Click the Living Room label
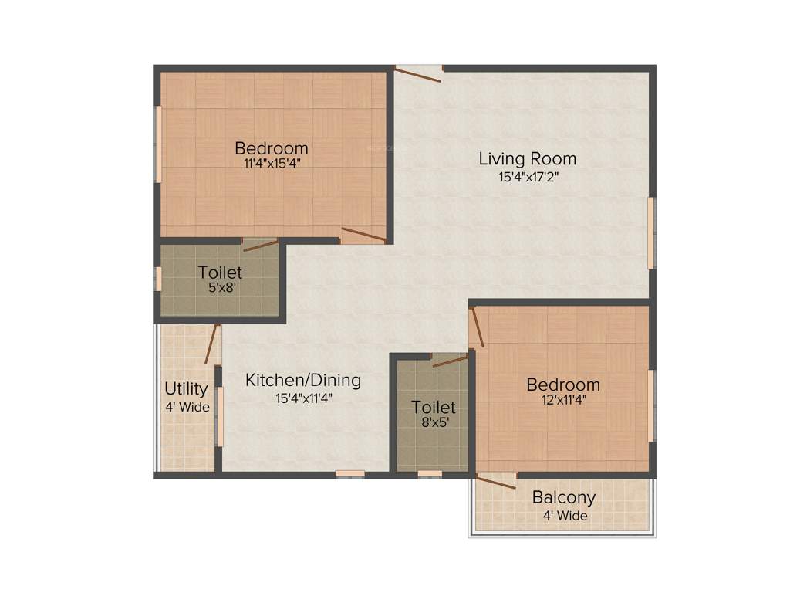click(x=527, y=159)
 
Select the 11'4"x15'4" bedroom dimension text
click(x=272, y=163)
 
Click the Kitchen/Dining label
click(x=303, y=380)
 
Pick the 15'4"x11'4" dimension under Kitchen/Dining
click(x=303, y=398)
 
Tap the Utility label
click(x=186, y=388)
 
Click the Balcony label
click(x=563, y=498)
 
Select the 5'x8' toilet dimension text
click(x=220, y=286)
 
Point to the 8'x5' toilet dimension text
click(x=434, y=422)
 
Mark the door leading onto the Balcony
click(x=495, y=482)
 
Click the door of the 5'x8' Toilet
click(x=261, y=246)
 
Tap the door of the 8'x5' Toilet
click(x=451, y=361)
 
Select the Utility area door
click(x=212, y=344)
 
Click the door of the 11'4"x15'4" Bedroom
click(x=363, y=235)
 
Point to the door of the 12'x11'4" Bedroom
click(x=478, y=327)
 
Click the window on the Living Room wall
click(x=651, y=232)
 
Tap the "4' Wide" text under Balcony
click(x=563, y=516)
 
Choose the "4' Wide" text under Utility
click(x=187, y=407)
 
